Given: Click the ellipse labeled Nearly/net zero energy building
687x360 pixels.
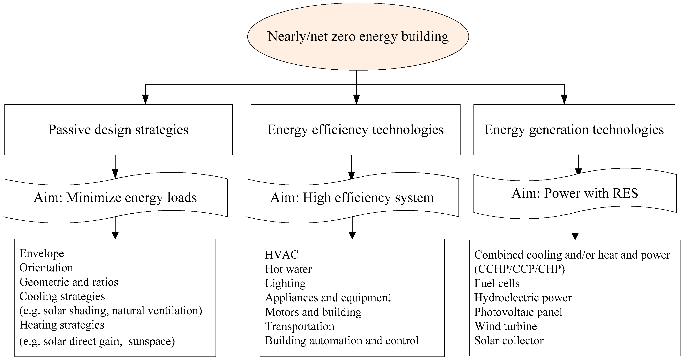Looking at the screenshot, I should point(358,36).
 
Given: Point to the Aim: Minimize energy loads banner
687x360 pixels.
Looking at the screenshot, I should point(115,198).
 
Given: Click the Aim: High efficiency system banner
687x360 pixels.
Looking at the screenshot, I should point(352,198).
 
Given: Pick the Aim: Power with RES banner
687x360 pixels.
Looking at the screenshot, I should point(575,193).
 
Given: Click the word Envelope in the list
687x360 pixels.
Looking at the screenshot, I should point(42,253).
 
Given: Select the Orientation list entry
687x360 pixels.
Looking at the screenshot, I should point(46,268).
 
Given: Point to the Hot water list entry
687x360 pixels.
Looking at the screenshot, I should point(288,269).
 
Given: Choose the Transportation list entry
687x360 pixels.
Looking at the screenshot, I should point(299,326).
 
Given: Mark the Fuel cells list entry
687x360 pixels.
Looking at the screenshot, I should point(497,283).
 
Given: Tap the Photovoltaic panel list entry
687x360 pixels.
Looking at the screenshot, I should point(518,312).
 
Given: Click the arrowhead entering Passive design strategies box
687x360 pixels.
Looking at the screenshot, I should point(145,100).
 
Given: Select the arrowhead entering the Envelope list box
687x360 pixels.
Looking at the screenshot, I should point(115,235).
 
